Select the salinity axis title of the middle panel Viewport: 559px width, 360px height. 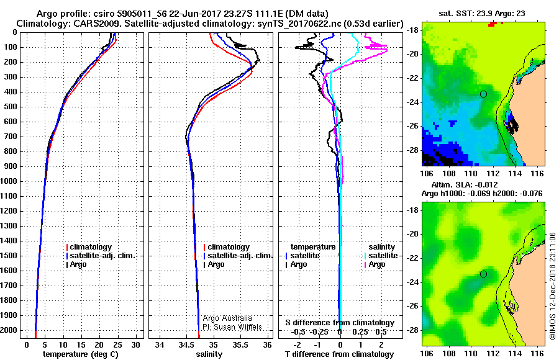click(x=208, y=354)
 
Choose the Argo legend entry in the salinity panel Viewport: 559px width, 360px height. click(x=216, y=264)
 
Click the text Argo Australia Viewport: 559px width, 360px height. click(x=228, y=318)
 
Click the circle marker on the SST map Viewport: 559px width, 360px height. click(x=483, y=94)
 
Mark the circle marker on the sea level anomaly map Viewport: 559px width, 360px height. click(x=483, y=274)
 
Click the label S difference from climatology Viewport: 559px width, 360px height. click(x=339, y=323)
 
